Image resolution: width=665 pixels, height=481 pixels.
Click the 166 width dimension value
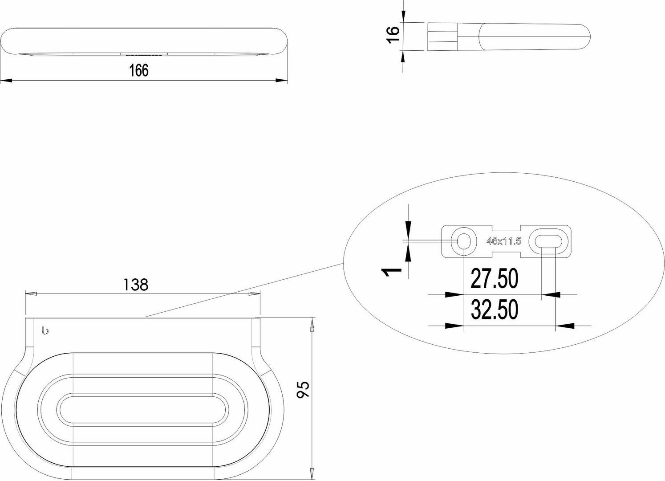point(138,70)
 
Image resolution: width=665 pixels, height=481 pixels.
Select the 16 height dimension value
point(393,35)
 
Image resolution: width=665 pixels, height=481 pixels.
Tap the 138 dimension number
point(135,284)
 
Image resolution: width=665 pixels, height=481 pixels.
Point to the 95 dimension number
point(303,390)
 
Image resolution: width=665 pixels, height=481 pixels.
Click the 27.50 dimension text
point(494,278)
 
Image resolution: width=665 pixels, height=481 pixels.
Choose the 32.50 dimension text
point(494,309)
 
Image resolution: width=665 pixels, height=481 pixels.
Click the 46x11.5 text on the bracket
point(503,241)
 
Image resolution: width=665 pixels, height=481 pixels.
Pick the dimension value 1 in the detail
point(392,271)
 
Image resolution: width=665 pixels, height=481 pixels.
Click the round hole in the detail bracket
point(464,241)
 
